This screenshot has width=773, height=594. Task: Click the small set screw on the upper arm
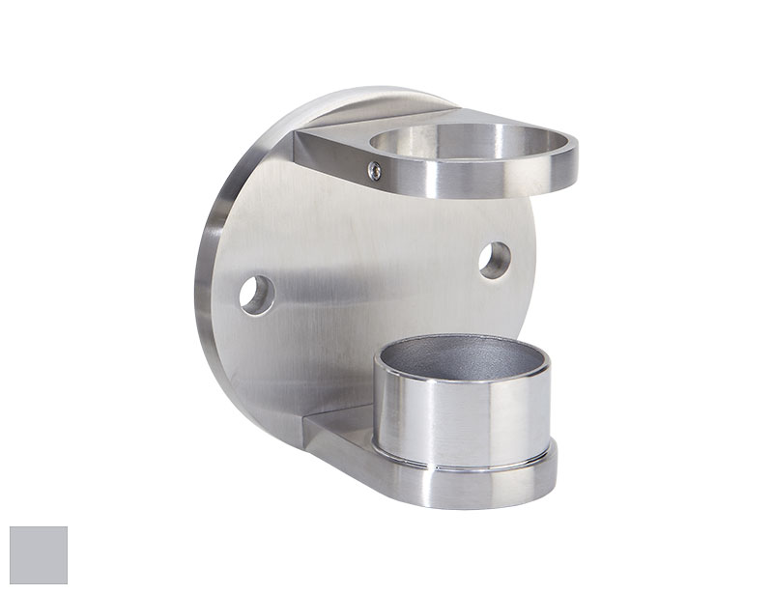pyautogui.click(x=375, y=170)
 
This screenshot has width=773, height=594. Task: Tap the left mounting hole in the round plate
pyautogui.click(x=256, y=295)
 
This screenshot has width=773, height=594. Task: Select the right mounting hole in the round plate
pyautogui.click(x=495, y=260)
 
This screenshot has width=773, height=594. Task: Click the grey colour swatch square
pyautogui.click(x=39, y=555)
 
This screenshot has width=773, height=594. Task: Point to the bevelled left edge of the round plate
pyautogui.click(x=208, y=290)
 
